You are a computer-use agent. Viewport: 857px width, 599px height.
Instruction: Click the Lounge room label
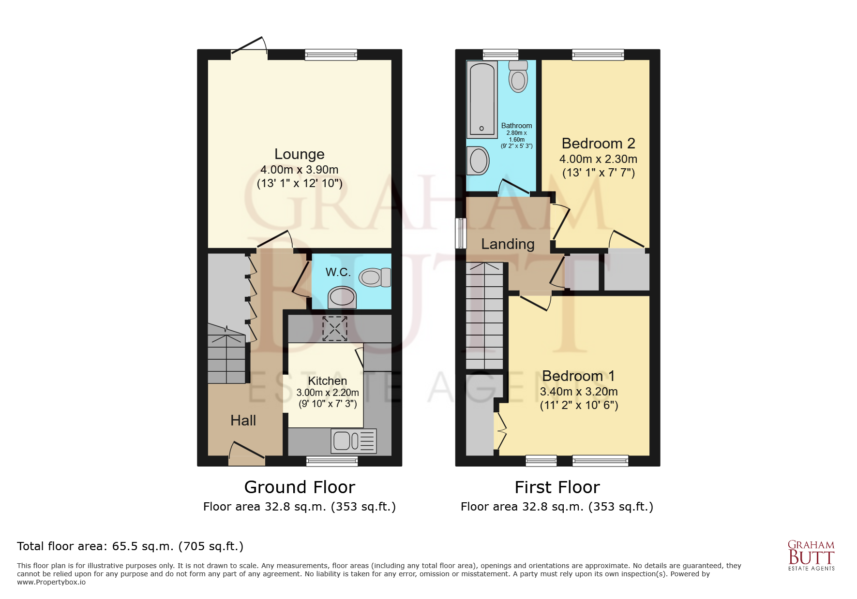coord(299,154)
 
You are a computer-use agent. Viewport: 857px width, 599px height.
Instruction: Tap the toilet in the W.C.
coord(374,278)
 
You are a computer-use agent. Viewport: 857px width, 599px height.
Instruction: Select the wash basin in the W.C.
coord(342,297)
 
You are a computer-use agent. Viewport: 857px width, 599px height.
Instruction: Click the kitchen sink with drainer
coord(354,440)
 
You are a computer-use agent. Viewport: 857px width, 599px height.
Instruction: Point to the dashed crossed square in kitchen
coord(335,329)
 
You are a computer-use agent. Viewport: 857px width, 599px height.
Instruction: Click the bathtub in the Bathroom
coord(482,99)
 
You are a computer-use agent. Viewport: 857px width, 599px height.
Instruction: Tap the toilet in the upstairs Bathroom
coord(518,77)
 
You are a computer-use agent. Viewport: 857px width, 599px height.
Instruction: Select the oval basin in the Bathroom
coord(479,161)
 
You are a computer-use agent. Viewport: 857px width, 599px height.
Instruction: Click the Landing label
coord(508,244)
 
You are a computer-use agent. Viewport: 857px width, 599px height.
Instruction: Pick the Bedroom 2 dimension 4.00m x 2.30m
coord(598,159)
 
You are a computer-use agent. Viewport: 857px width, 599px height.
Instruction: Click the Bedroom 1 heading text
coord(578,376)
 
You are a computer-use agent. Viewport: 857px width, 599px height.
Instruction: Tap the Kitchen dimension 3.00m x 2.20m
coord(328,393)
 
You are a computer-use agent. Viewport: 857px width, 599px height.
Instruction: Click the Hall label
coord(243,421)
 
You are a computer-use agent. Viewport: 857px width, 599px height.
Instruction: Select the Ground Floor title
coord(300,487)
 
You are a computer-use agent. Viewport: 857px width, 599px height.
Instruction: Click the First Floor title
coord(557,487)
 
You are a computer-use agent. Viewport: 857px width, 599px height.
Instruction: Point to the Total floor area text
coord(130,546)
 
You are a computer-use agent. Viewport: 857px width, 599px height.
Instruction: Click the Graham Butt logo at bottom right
coord(811,555)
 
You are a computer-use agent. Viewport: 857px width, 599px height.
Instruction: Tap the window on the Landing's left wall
coord(461,233)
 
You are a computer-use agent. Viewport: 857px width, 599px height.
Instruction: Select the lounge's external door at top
coord(249,48)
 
